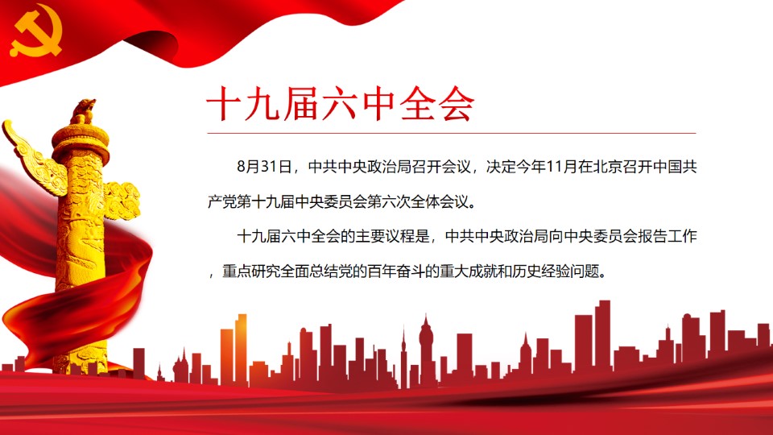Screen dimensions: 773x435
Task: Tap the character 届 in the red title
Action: [x=301, y=104]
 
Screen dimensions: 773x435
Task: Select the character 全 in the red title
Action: [x=416, y=104]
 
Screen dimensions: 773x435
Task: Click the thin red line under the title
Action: [x=452, y=133]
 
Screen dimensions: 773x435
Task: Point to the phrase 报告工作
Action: [x=668, y=236]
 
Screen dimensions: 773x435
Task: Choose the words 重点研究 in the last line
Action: [x=251, y=271]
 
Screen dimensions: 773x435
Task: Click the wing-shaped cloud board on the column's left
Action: [x=34, y=159]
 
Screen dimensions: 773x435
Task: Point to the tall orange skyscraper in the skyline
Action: [x=241, y=349]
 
